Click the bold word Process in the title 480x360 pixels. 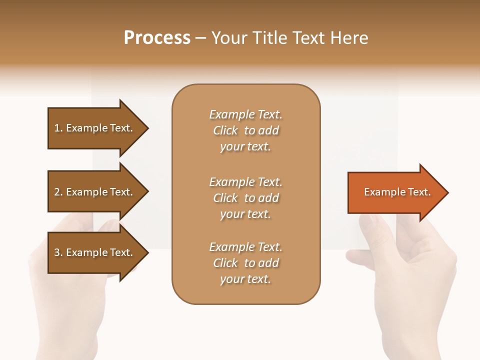pyautogui.click(x=157, y=38)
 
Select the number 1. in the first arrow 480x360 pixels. pyautogui.click(x=58, y=128)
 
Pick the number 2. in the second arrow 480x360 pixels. pyautogui.click(x=58, y=192)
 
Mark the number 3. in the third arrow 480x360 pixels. pyautogui.click(x=58, y=252)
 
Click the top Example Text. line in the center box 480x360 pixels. pyautogui.click(x=245, y=114)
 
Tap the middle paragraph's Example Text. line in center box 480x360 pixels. pyautogui.click(x=245, y=181)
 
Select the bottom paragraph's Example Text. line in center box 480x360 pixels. pyautogui.click(x=245, y=247)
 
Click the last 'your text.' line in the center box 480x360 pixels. pyautogui.click(x=245, y=279)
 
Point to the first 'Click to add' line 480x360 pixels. pyautogui.click(x=245, y=130)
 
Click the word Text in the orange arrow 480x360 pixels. pyautogui.click(x=419, y=192)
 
